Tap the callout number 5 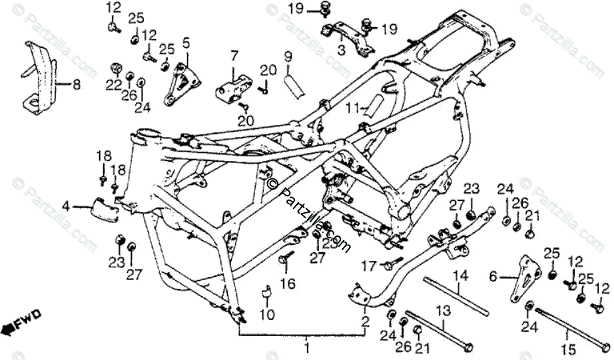click(186, 44)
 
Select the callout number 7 click(234, 55)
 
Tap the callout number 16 click(286, 284)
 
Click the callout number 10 click(267, 314)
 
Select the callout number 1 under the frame click(307, 347)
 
